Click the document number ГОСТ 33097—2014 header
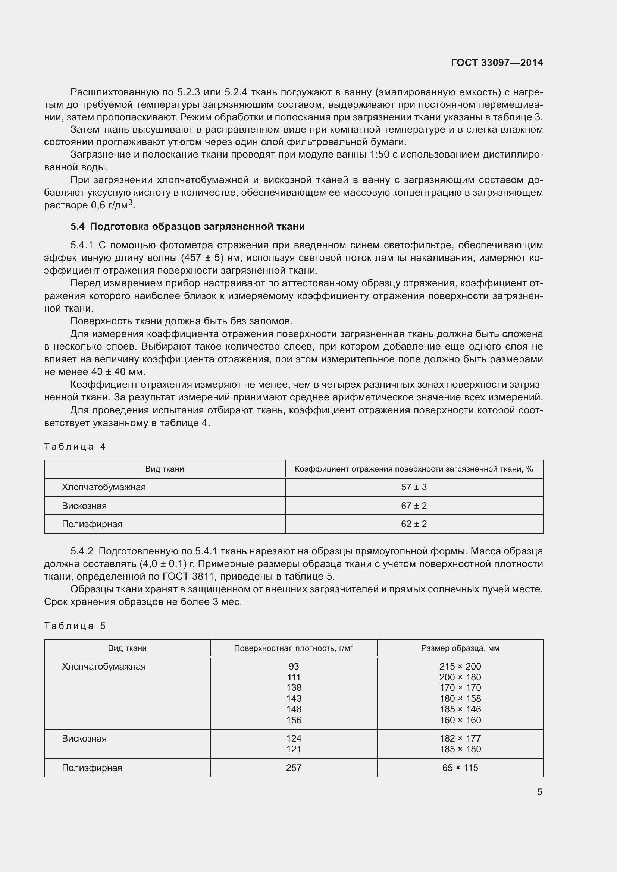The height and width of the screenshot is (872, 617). [x=497, y=63]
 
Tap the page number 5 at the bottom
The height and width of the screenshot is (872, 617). [x=539, y=792]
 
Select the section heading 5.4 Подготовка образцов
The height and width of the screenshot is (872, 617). [x=187, y=226]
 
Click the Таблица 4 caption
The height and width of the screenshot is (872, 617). [x=75, y=446]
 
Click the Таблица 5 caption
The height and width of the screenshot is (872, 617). [x=75, y=626]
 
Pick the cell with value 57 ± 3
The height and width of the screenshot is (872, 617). [x=414, y=487]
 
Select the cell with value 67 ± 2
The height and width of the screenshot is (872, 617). [x=414, y=506]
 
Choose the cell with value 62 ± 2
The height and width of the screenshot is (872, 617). [x=414, y=524]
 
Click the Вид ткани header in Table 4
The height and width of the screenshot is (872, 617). [x=165, y=469]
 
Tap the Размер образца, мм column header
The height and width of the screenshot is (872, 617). [x=460, y=648]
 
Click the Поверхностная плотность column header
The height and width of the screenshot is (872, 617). [x=293, y=648]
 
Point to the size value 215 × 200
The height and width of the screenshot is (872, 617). [x=460, y=666]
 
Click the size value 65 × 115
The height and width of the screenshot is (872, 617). [x=460, y=768]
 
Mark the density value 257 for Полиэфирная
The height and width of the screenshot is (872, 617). [x=294, y=768]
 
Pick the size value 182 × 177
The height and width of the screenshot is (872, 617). [x=460, y=738]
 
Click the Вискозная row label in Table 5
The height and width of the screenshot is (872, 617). [x=84, y=738]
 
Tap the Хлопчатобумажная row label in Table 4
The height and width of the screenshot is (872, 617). [x=104, y=487]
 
